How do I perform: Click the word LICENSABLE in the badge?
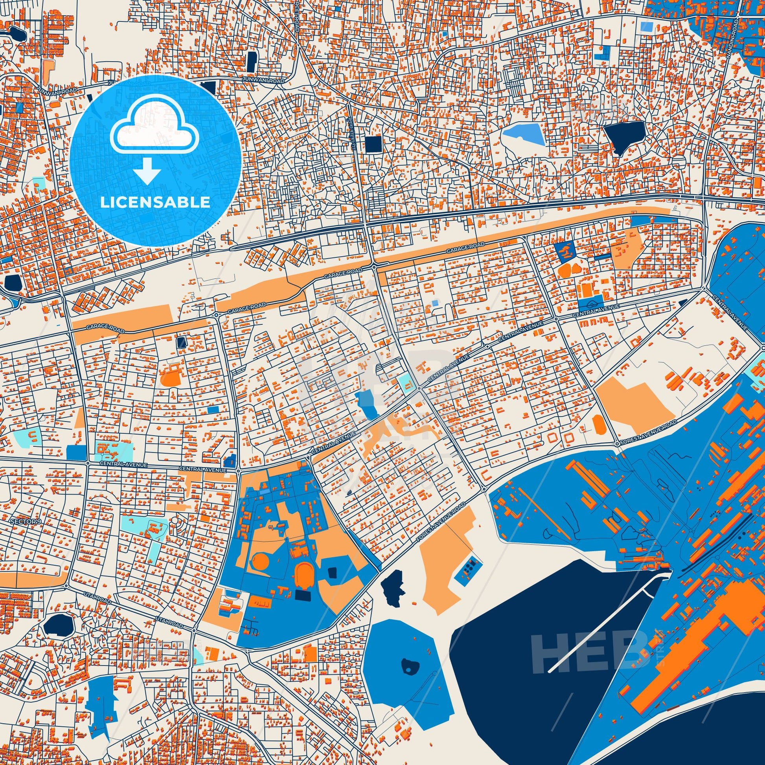[155, 202]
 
